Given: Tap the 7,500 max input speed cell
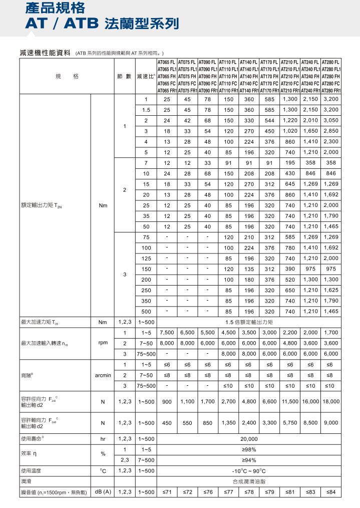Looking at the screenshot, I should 167,333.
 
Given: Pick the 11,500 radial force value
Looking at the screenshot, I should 290,401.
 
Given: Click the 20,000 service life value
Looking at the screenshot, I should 249,438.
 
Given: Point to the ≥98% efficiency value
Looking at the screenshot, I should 249,449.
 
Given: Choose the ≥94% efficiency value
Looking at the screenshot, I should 249,460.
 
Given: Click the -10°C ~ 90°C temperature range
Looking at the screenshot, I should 249,471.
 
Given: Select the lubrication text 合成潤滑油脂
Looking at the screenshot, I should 249,481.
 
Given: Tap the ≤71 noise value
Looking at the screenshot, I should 167,492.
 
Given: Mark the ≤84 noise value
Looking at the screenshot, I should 331,492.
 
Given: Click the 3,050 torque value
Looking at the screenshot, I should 331,120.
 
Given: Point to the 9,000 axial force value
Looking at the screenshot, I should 331,423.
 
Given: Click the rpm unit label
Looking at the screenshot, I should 102,343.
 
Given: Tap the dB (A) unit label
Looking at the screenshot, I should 102,492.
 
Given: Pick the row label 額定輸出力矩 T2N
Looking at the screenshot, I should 43,205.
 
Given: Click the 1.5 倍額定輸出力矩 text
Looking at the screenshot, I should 249,322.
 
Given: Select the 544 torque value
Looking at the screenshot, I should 269,120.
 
